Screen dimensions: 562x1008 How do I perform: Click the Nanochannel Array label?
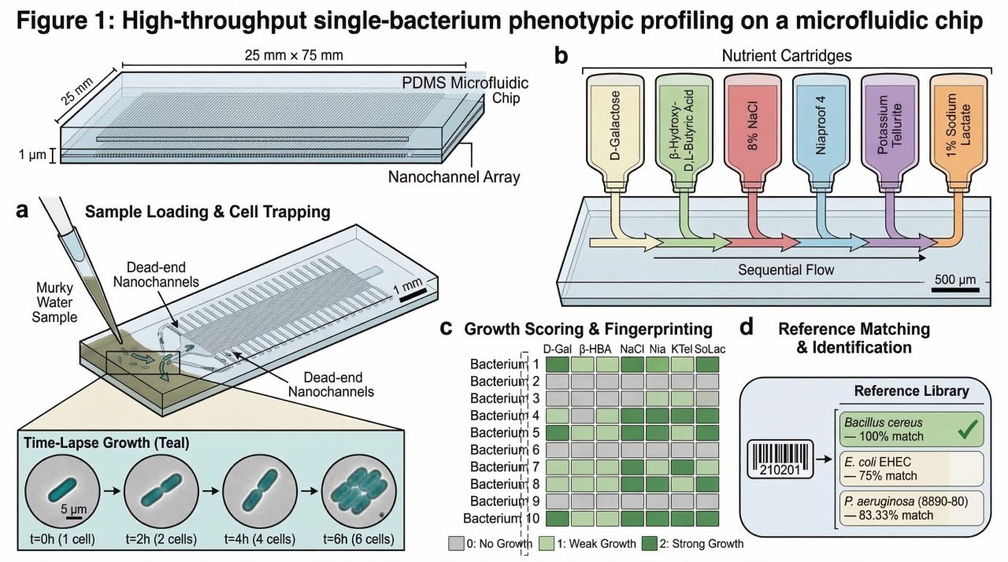454,178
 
